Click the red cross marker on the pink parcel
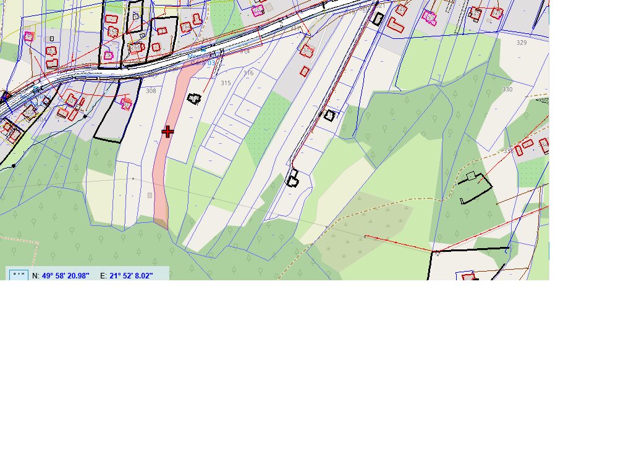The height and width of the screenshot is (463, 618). [x=167, y=131]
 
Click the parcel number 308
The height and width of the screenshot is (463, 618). [x=151, y=91]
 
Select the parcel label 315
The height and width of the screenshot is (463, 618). [x=226, y=83]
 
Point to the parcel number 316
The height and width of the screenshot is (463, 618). [x=248, y=73]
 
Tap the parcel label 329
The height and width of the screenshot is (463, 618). [x=522, y=43]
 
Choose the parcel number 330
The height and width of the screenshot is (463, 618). [x=507, y=90]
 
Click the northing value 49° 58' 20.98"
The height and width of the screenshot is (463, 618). [x=66, y=275]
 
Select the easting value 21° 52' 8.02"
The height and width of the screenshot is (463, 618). [x=131, y=275]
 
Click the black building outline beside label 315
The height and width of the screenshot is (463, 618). [x=195, y=99]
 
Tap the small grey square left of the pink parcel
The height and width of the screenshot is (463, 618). [x=150, y=195]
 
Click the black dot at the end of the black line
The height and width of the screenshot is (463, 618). [x=14, y=166]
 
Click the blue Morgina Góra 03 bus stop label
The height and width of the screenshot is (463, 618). [x=201, y=60]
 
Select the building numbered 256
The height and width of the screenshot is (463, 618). [x=135, y=48]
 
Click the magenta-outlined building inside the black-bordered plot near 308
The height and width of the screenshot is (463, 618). [x=126, y=104]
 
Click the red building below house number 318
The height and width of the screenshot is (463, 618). [x=305, y=70]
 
